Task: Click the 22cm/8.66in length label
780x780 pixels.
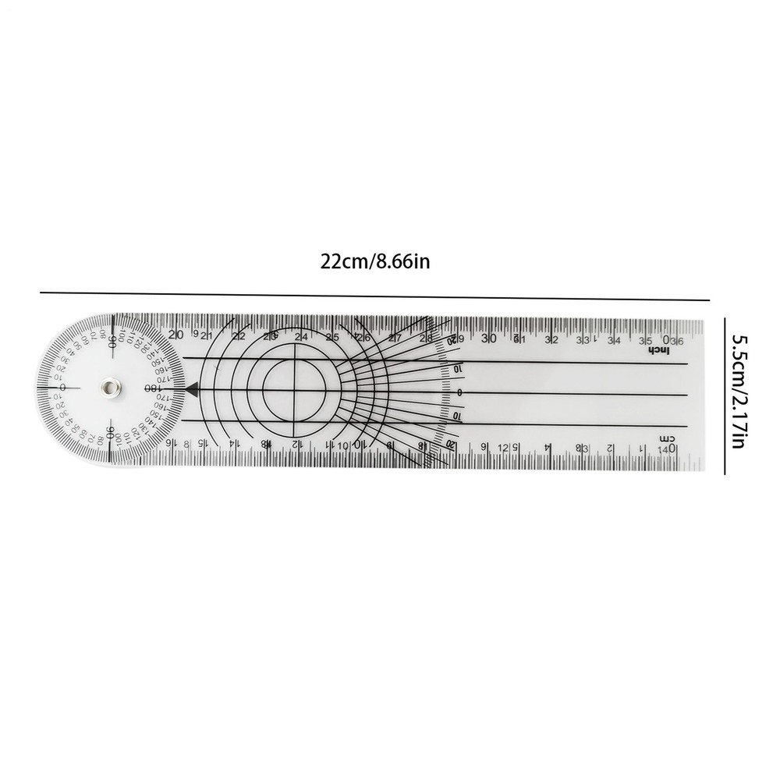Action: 375,263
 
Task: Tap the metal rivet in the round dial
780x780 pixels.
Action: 109,387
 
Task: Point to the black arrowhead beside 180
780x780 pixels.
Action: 190,387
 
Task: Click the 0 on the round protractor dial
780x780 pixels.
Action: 62,387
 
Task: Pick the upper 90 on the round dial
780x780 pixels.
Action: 112,341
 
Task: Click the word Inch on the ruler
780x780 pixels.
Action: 660,351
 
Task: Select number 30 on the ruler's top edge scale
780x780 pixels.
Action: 488,339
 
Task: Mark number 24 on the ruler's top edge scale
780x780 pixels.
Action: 300,337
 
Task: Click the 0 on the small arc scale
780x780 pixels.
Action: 459,392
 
